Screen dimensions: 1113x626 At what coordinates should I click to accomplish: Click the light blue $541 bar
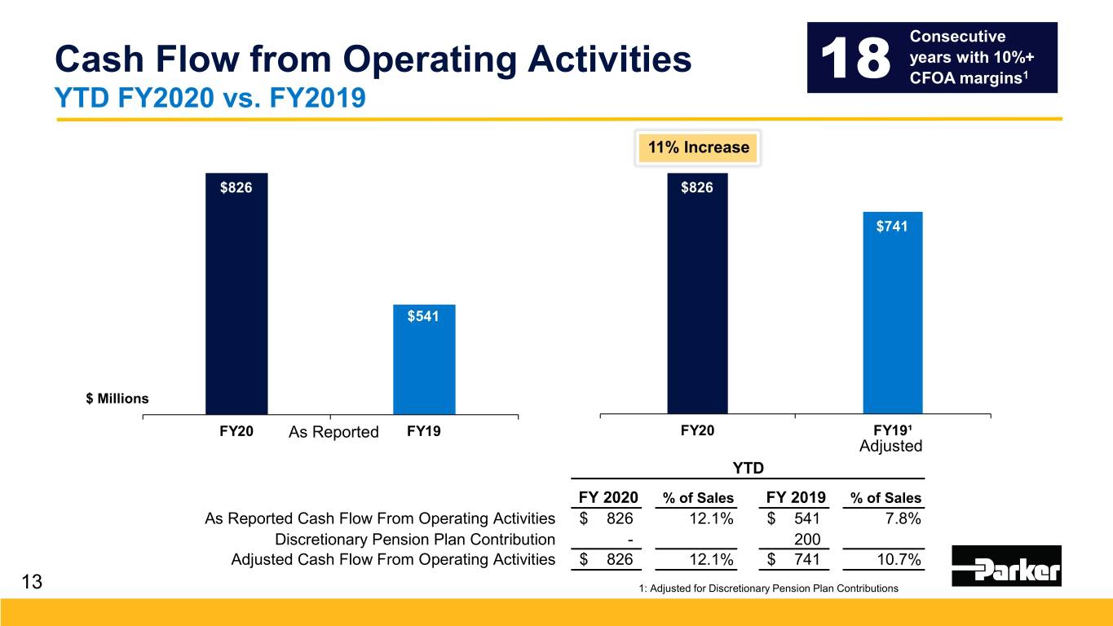pyautogui.click(x=424, y=359)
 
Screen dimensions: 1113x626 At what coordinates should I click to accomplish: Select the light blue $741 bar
pyautogui.click(x=892, y=313)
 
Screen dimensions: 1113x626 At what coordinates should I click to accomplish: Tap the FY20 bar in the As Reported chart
pyautogui.click(x=236, y=293)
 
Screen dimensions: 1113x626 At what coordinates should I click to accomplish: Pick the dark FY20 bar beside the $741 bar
pyautogui.click(x=697, y=293)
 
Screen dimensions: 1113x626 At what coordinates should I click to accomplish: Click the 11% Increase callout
pyautogui.click(x=698, y=148)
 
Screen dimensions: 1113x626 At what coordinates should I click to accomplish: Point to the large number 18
pyautogui.click(x=855, y=58)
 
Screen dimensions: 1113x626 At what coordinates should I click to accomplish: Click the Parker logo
pyautogui.click(x=1006, y=566)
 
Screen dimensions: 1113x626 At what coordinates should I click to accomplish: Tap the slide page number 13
pyautogui.click(x=33, y=582)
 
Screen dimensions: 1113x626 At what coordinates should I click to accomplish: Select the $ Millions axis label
pyautogui.click(x=117, y=399)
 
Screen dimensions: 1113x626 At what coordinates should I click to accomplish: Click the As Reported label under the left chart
pyautogui.click(x=333, y=432)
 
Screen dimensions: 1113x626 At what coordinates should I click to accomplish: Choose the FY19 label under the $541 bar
pyautogui.click(x=424, y=430)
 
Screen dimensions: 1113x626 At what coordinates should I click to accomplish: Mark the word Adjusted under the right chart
pyautogui.click(x=890, y=446)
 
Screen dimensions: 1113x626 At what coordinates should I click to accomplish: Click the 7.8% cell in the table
pyautogui.click(x=903, y=518)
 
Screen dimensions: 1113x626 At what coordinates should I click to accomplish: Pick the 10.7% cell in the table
pyautogui.click(x=899, y=559)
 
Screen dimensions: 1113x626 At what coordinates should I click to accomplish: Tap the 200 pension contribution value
pyautogui.click(x=807, y=539)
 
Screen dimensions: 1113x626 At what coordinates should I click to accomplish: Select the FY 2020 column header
pyautogui.click(x=608, y=497)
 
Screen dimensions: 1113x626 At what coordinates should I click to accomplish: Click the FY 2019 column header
pyautogui.click(x=796, y=497)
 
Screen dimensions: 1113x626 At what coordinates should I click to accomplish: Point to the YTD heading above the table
pyautogui.click(x=749, y=468)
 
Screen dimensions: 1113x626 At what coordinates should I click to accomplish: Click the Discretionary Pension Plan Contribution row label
pyautogui.click(x=415, y=539)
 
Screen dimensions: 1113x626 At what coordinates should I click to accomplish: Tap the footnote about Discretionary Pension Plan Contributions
pyautogui.click(x=769, y=589)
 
